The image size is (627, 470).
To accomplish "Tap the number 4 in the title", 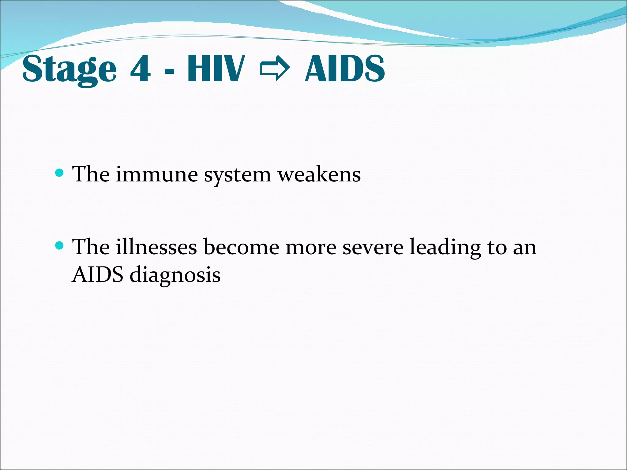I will tap(140, 69).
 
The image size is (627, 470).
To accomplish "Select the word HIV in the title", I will tap(216, 69).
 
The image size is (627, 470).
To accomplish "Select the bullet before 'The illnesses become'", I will tap(59, 245).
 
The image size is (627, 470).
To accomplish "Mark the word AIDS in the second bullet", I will tap(98, 274).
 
